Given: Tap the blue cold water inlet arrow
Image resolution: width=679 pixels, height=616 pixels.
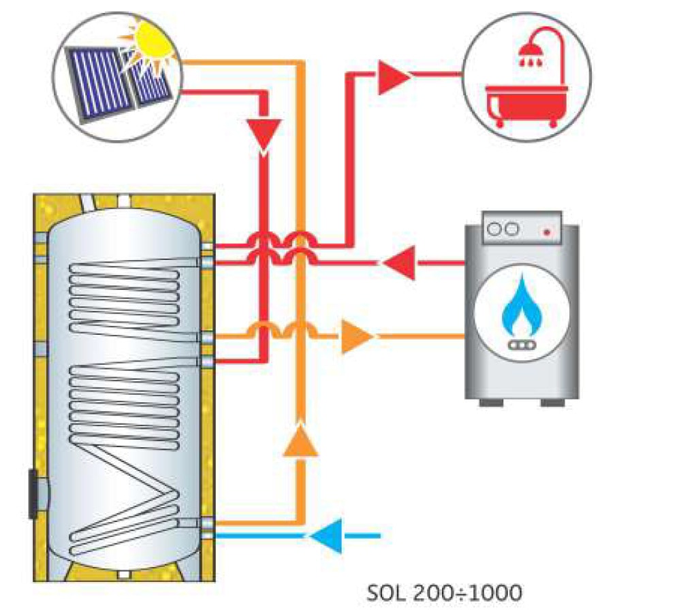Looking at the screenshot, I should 326,536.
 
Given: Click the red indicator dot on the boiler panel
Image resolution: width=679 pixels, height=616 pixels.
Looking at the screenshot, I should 546,232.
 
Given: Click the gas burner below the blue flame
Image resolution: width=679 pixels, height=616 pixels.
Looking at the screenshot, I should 521,345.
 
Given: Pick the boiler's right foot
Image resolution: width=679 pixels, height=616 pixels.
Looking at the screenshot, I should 555,402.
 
